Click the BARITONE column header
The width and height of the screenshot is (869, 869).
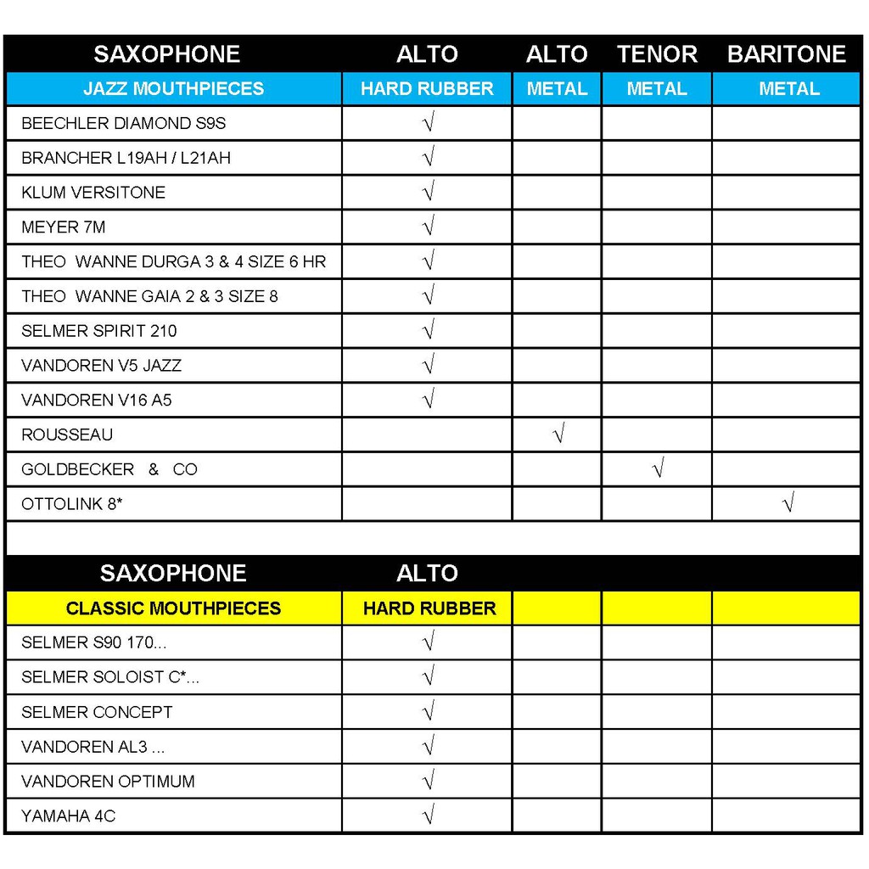pos(787,54)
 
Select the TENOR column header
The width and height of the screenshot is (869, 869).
pos(657,54)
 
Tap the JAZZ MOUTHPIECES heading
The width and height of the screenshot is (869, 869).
pos(173,89)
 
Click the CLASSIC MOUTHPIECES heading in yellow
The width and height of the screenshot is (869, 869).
pos(173,608)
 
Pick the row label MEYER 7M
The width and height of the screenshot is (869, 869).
pos(64,227)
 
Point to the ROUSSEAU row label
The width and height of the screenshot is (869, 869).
pos(67,435)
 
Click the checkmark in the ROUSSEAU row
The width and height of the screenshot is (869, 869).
pos(558,434)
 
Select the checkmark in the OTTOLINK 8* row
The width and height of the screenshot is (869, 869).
pos(788,504)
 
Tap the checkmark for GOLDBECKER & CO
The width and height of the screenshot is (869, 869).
pos(657,468)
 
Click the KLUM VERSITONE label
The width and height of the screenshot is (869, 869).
pos(93,193)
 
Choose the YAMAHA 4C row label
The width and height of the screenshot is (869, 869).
pos(68,816)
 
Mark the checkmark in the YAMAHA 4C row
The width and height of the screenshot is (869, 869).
pos(429,816)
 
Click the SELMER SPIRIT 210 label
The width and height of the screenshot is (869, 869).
pos(99,331)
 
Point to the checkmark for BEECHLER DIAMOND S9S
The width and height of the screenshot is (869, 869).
pos(429,123)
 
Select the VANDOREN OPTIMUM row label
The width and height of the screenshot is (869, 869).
pos(108,782)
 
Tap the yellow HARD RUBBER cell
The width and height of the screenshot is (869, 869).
pos(429,608)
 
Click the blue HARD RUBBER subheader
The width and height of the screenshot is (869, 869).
pos(427,89)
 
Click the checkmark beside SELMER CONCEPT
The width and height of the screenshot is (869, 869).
pos(429,712)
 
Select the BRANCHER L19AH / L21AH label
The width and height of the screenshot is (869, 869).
pos(126,158)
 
